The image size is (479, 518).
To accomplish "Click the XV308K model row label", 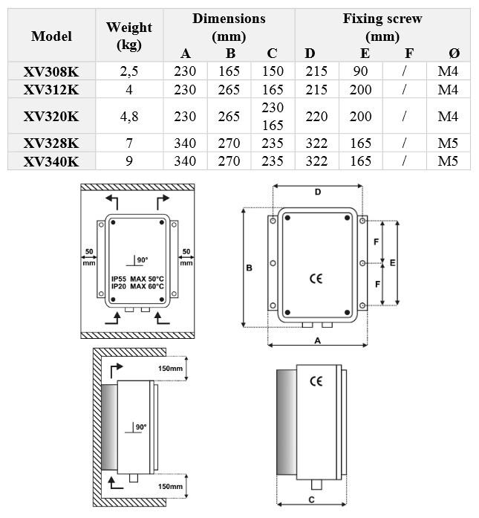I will click(50, 72).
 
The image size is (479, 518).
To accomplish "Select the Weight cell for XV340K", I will click(129, 161).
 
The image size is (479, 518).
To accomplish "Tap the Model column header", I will click(50, 36).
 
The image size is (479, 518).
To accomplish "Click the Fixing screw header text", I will click(382, 19).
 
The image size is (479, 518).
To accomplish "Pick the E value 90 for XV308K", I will click(364, 72).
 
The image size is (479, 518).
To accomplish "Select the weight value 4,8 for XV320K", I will click(129, 117).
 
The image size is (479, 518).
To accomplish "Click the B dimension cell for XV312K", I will click(229, 89).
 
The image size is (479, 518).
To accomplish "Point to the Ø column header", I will click(454, 53).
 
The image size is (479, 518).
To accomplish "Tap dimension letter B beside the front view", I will click(250, 268).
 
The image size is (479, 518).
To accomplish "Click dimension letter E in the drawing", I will click(393, 262).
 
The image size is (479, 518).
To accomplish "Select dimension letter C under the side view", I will click(312, 499).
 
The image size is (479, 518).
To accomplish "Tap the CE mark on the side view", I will click(316, 381).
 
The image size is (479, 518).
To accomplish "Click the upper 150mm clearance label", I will click(170, 369).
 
